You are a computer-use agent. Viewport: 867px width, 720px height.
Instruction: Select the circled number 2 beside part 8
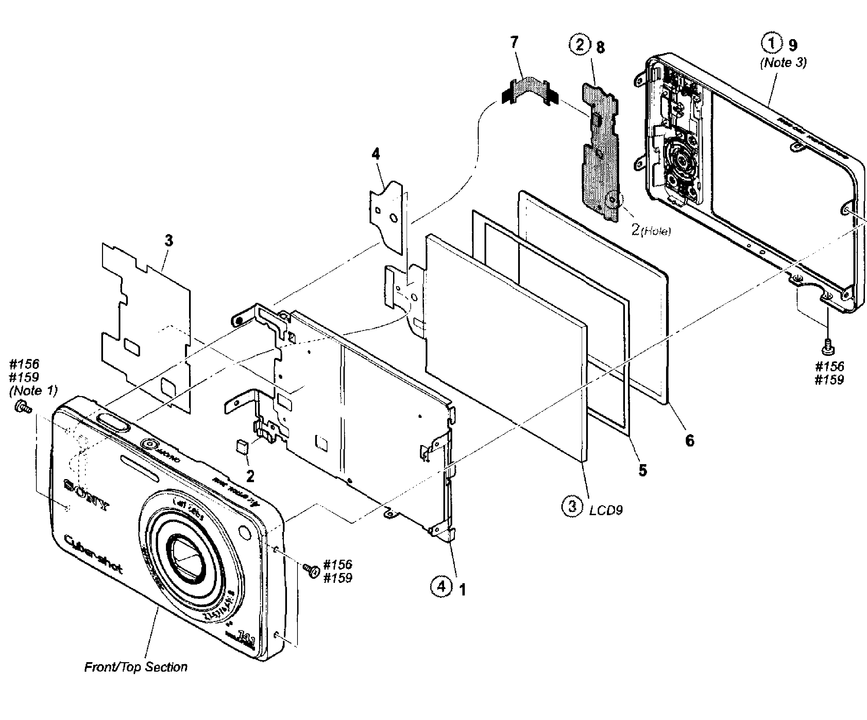[580, 44]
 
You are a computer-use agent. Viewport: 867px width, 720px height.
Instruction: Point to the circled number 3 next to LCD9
[572, 506]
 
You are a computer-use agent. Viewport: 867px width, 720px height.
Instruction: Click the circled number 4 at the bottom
[441, 587]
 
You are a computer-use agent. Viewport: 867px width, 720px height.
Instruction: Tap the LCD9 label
[606, 511]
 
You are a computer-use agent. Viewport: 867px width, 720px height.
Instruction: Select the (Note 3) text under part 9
[783, 63]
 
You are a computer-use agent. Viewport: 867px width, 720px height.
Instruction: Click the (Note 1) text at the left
[33, 390]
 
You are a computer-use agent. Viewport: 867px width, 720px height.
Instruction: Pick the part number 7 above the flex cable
[514, 42]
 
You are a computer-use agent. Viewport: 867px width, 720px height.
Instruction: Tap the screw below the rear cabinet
[829, 347]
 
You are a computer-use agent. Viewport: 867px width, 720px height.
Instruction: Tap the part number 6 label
[690, 441]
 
